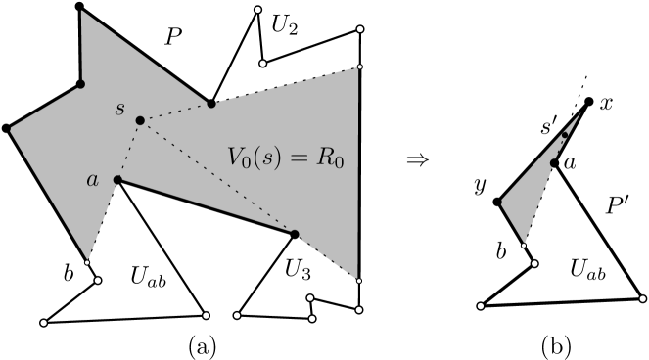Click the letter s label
119,108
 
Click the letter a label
93,179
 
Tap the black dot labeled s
140,120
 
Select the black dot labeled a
117,179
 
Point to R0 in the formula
330,157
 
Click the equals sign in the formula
296,156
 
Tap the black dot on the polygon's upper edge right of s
210,103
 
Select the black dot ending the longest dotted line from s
294,234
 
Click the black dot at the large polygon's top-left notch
81,84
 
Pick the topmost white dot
257,10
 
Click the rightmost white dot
643,298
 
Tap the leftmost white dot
43,322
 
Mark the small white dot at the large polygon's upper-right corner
359,67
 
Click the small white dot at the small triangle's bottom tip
524,245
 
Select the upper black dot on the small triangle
565,135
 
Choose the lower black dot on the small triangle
553,163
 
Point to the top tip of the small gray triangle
580,113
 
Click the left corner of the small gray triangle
501,202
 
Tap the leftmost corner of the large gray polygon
11,128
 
